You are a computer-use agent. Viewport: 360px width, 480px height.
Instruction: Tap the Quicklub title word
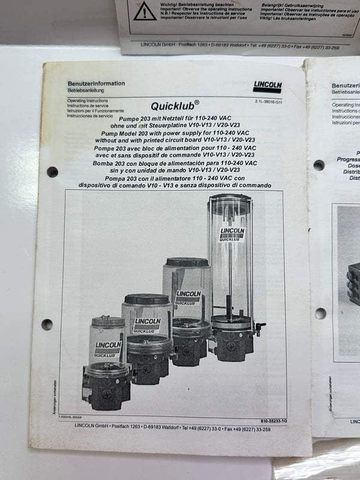tap(171, 106)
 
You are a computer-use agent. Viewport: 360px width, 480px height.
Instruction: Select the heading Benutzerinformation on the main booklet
tap(96, 83)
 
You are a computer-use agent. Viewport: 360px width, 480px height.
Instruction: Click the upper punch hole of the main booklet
tap(52, 172)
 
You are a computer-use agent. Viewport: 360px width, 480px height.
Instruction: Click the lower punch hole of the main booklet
tap(47, 324)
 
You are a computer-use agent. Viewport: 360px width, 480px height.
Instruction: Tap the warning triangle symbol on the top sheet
tap(145, 11)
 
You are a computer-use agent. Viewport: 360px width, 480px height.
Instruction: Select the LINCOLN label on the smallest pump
tap(108, 347)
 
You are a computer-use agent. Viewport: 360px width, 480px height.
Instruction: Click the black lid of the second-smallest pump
tap(146, 298)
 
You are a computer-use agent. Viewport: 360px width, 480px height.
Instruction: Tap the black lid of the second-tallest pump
tap(187, 262)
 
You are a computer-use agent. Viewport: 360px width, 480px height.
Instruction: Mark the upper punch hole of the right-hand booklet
tap(318, 165)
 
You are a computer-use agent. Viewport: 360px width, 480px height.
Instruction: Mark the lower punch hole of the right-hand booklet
tap(320, 313)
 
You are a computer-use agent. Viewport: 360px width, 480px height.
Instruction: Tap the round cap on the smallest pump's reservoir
tap(108, 321)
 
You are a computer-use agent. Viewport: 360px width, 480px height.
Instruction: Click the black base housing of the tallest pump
tap(231, 345)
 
